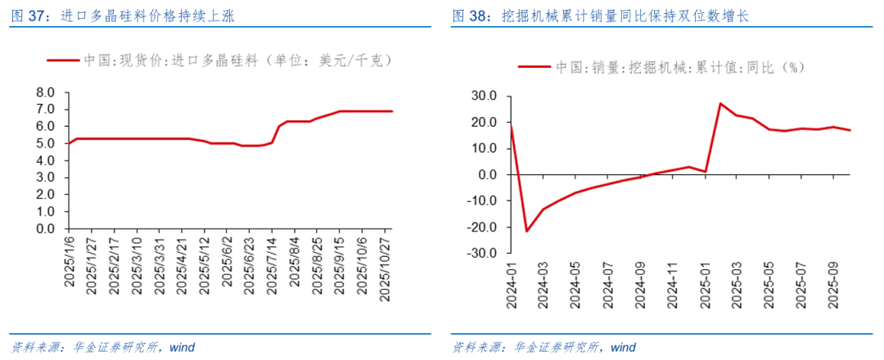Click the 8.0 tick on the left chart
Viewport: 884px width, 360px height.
[x=44, y=92]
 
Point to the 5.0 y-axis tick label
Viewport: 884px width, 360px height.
[x=44, y=144]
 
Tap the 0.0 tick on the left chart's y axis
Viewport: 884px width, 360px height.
[x=44, y=230]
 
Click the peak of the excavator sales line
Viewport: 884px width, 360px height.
[x=720, y=104]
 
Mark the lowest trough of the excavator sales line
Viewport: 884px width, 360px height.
[x=526, y=232]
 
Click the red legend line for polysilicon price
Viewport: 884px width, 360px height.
[x=62, y=61]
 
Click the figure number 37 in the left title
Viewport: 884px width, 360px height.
[x=38, y=16]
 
